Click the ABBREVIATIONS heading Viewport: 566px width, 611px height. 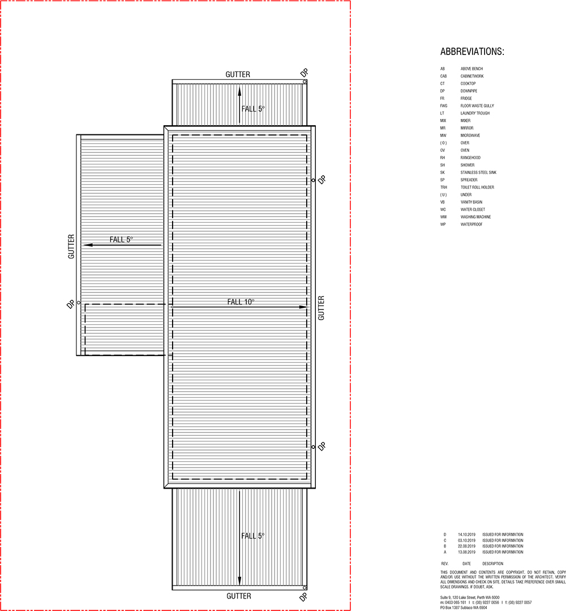pyautogui.click(x=472, y=52)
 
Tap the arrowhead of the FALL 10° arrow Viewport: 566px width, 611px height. pyautogui.click(x=304, y=307)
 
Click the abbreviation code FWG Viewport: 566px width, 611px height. pyautogui.click(x=444, y=106)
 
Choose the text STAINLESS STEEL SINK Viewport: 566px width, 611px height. pyautogui.click(x=478, y=172)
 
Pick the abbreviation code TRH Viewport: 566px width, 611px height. pyautogui.click(x=444, y=187)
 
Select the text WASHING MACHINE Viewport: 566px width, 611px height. pyautogui.click(x=475, y=217)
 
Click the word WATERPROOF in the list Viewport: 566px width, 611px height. pyautogui.click(x=471, y=224)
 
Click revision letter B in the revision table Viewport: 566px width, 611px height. pyautogui.click(x=445, y=546)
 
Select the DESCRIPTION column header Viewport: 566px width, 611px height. pyautogui.click(x=492, y=564)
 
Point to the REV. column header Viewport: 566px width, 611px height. pyautogui.click(x=445, y=564)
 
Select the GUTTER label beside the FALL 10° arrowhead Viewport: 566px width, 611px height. pyautogui.click(x=321, y=308)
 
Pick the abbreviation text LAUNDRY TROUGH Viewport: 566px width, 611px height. pyautogui.click(x=475, y=113)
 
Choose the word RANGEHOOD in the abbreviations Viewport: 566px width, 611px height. pyautogui.click(x=471, y=158)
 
